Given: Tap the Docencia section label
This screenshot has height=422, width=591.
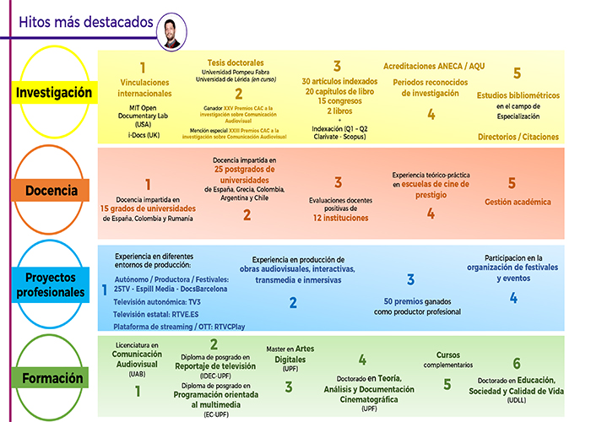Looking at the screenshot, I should pos(51,191).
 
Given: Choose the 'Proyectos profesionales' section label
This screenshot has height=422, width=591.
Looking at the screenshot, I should pos(51,285).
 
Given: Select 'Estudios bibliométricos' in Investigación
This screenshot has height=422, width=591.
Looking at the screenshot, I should pos(517,95).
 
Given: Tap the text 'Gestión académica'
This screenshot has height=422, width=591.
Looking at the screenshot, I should pos(518,202).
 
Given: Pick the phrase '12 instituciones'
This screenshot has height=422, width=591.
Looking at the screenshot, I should pos(340,218).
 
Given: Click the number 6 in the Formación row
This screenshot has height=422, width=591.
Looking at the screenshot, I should pos(517,364).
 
